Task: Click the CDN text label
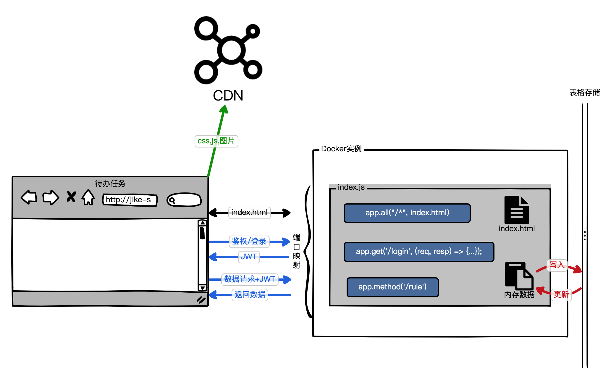pyautogui.click(x=228, y=96)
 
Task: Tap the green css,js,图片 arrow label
pyautogui.click(x=216, y=141)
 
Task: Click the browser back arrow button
pyautogui.click(x=29, y=197)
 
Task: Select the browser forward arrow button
pyautogui.click(x=51, y=197)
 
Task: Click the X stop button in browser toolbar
pyautogui.click(x=71, y=197)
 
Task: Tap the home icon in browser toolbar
pyautogui.click(x=88, y=197)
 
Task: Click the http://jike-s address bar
pyautogui.click(x=130, y=200)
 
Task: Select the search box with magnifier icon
pyautogui.click(x=184, y=200)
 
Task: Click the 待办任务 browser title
pyautogui.click(x=110, y=184)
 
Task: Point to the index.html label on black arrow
pyautogui.click(x=249, y=213)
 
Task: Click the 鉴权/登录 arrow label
pyautogui.click(x=249, y=241)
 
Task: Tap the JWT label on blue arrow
pyautogui.click(x=249, y=257)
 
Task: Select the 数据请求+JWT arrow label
pyautogui.click(x=250, y=279)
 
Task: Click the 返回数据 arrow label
pyautogui.click(x=250, y=294)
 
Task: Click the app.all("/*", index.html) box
pyautogui.click(x=407, y=213)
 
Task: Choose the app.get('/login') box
pyautogui.click(x=418, y=252)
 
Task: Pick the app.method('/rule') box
pyautogui.click(x=392, y=287)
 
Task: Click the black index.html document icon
pyautogui.click(x=516, y=210)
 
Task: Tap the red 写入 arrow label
pyautogui.click(x=557, y=265)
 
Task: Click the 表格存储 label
pyautogui.click(x=584, y=93)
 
